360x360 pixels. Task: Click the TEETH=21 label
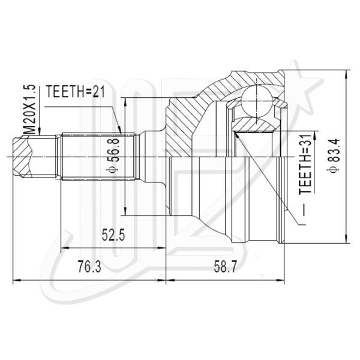click(76, 91)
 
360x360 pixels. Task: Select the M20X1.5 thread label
click(30, 110)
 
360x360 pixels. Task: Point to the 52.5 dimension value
click(113, 235)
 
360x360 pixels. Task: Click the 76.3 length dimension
click(89, 266)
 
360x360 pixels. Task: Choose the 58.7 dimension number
click(225, 266)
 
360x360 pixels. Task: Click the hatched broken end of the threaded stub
click(22, 157)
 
